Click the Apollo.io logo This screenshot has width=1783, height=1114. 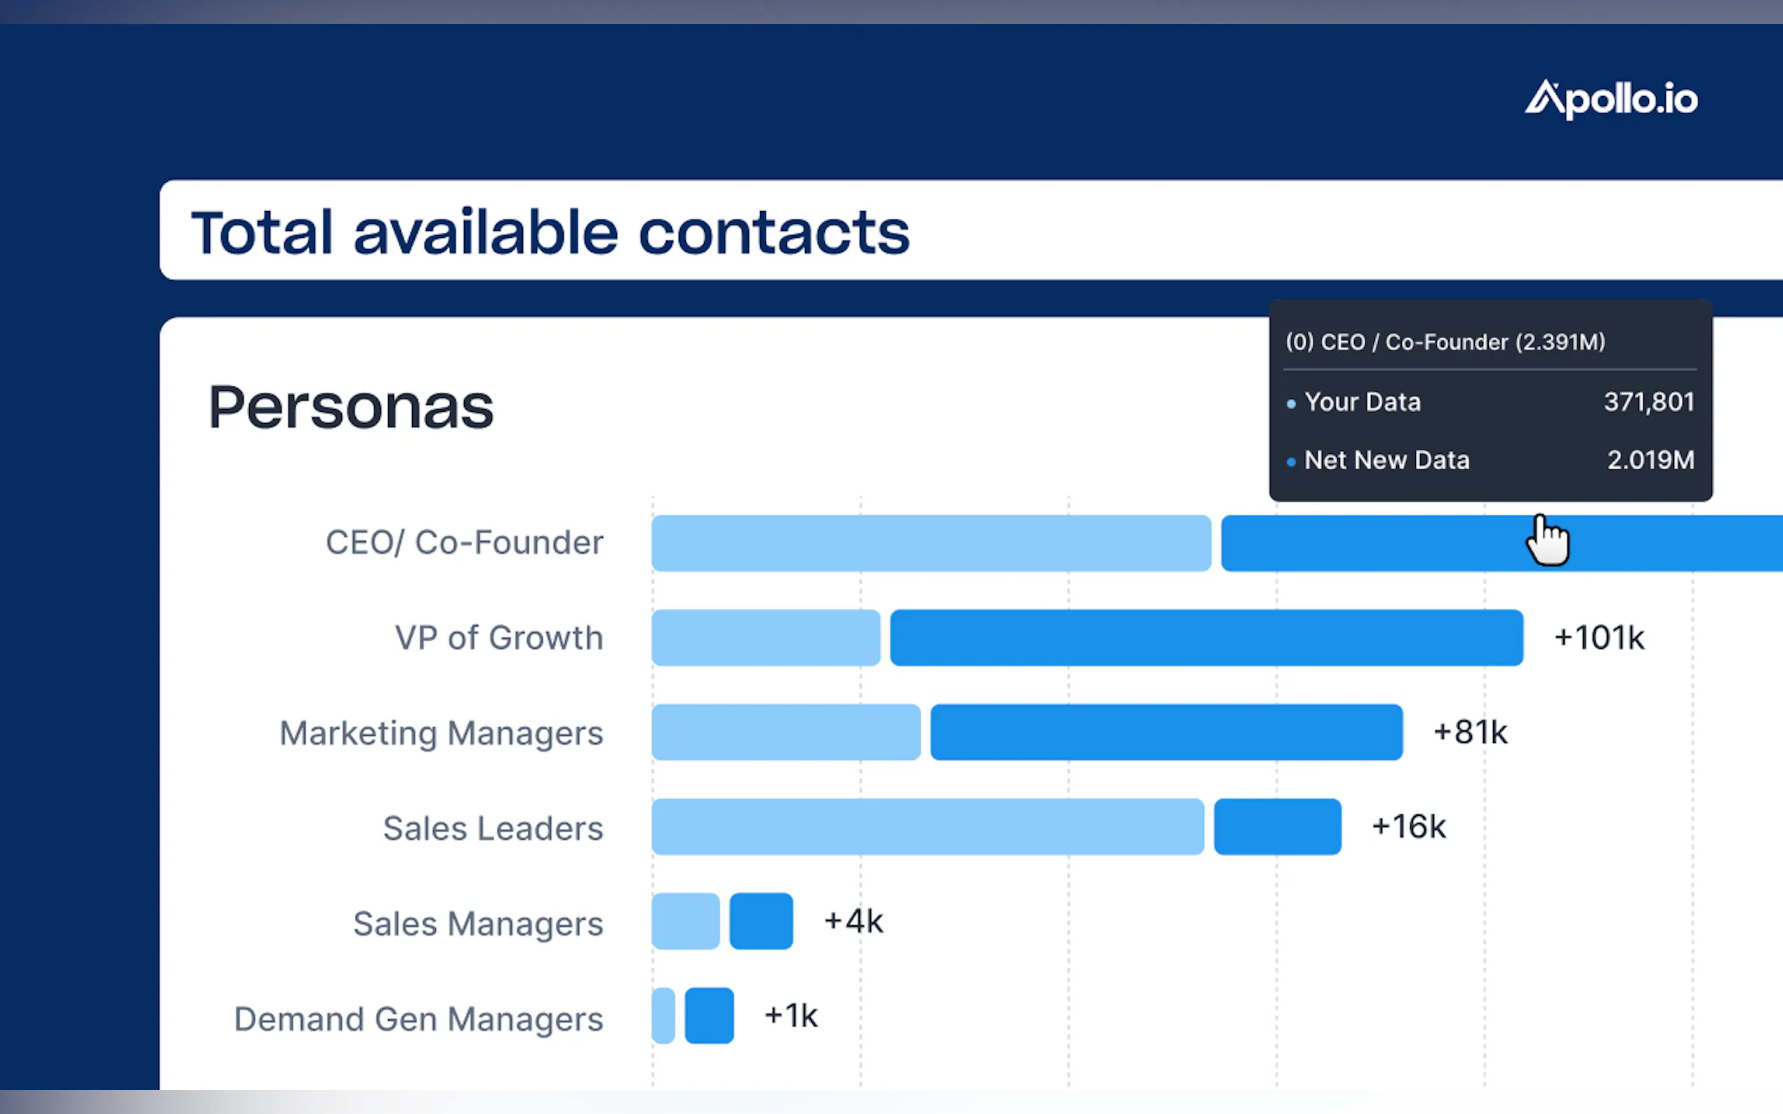click(1610, 100)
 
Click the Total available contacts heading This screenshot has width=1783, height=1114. click(550, 232)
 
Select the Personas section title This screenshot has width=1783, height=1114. click(351, 407)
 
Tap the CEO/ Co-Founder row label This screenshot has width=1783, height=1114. click(465, 543)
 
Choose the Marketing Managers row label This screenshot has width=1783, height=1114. click(442, 733)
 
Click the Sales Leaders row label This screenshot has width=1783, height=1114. click(493, 828)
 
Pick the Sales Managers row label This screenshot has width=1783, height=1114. click(477, 923)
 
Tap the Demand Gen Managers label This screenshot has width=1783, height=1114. click(418, 1019)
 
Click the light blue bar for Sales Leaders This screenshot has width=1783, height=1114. click(927, 826)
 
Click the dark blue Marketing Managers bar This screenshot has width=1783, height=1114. click(1166, 732)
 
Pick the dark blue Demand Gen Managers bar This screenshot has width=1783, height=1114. click(709, 1016)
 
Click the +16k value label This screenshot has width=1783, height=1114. click(1409, 826)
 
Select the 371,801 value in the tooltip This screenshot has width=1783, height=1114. click(1649, 402)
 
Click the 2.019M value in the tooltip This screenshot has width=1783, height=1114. click(1650, 460)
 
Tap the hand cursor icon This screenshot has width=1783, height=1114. click(1548, 540)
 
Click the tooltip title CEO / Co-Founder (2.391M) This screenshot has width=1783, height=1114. click(1445, 342)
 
